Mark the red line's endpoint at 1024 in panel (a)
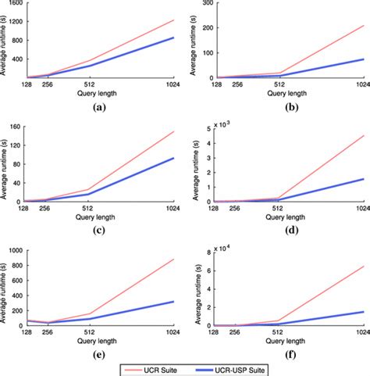[173, 20]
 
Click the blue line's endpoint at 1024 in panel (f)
[363, 312]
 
